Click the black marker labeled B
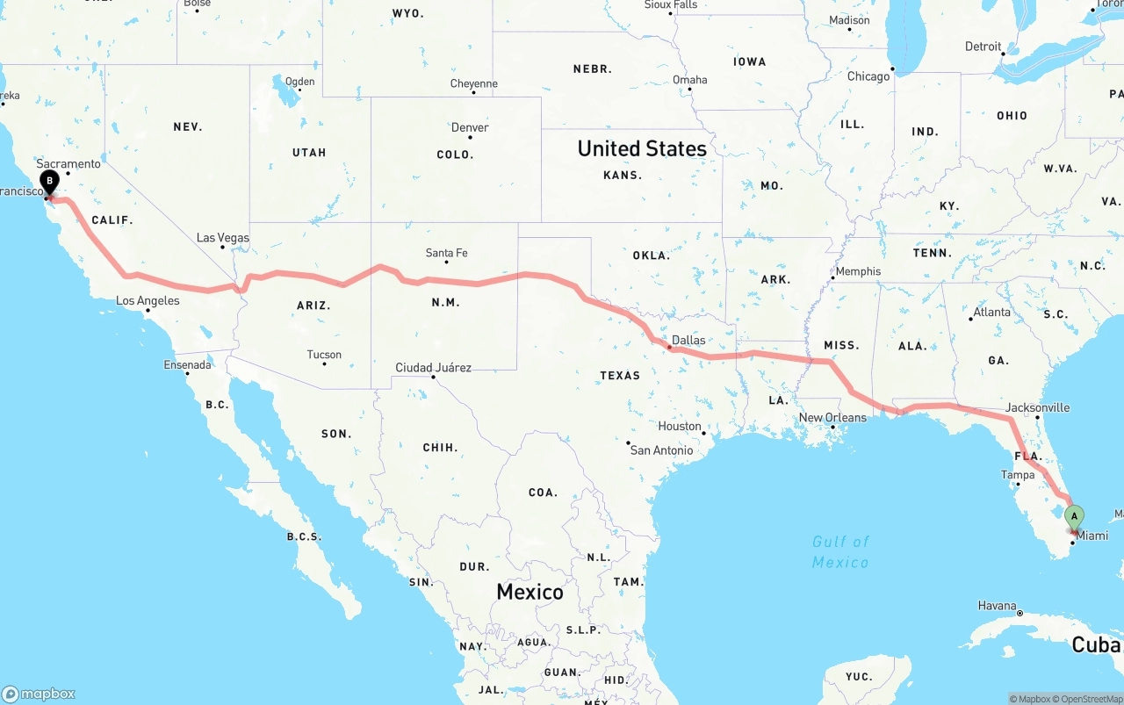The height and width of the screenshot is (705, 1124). [50, 183]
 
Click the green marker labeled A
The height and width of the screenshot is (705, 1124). [1074, 516]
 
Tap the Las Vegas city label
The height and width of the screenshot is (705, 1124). [222, 238]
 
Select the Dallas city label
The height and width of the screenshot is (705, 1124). [688, 340]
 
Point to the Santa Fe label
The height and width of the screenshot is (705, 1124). [446, 253]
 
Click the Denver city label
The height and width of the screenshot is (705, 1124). [470, 127]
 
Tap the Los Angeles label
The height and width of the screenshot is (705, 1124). [148, 301]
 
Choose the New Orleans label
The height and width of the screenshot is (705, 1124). [832, 418]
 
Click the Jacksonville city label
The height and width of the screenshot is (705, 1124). [1038, 407]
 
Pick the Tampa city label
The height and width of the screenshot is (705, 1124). [1018, 475]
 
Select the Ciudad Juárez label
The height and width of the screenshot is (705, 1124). [433, 368]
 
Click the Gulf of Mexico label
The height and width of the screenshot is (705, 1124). [840, 551]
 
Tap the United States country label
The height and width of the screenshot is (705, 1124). [642, 148]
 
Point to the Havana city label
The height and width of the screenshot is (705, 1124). [997, 606]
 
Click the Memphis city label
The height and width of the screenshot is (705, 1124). [858, 271]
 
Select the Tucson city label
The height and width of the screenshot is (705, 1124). [324, 355]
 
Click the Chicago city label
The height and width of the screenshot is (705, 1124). [868, 76]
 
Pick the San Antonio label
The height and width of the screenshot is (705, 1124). [661, 450]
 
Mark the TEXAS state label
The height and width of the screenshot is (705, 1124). [620, 376]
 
